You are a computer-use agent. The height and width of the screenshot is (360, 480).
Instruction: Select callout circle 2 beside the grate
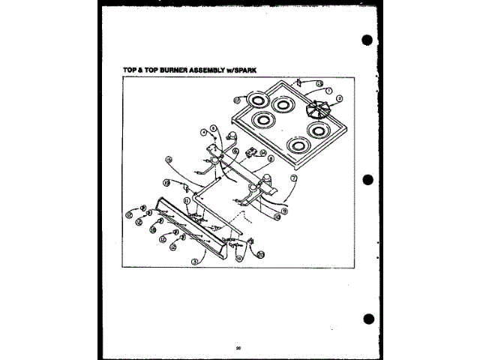[339, 98]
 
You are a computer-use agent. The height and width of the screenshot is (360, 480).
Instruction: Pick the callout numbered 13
[318, 83]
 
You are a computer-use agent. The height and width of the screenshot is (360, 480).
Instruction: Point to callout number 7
[293, 178]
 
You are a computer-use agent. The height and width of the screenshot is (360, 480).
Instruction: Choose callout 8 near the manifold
[270, 159]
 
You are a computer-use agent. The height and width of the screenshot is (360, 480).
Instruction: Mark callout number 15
[169, 159]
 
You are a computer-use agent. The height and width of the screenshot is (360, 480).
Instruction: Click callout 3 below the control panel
[194, 261]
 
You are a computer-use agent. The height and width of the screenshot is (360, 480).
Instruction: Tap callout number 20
[261, 254]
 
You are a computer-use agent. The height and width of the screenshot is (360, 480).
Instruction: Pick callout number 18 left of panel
[153, 232]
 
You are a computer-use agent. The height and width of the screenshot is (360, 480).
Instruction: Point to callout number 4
[202, 133]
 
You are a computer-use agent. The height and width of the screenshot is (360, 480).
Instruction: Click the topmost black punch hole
[367, 40]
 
